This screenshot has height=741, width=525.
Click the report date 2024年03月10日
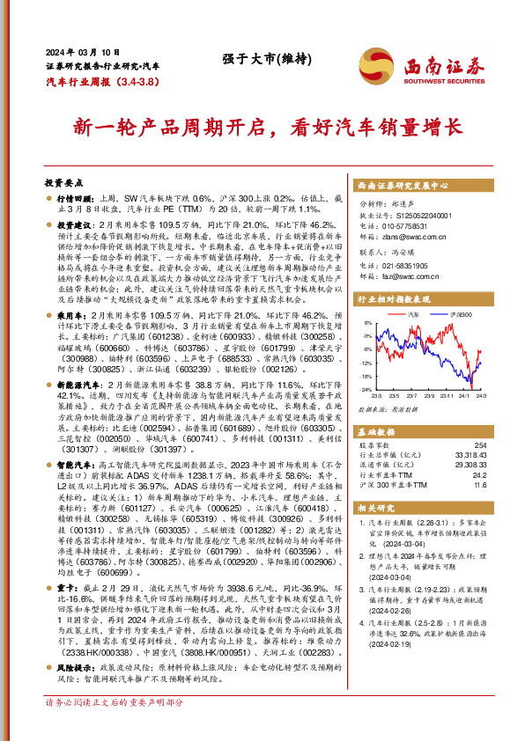[75, 51]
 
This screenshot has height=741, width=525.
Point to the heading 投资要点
[63, 182]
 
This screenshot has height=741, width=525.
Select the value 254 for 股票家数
[479, 444]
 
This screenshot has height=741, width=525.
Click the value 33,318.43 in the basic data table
[470, 455]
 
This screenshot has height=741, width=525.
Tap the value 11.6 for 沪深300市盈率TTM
[479, 484]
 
